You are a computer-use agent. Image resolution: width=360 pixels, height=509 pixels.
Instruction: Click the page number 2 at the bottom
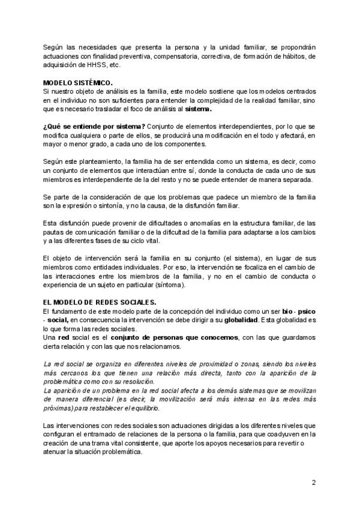point(313,482)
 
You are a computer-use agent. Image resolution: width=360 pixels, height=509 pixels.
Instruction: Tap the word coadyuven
point(284,434)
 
